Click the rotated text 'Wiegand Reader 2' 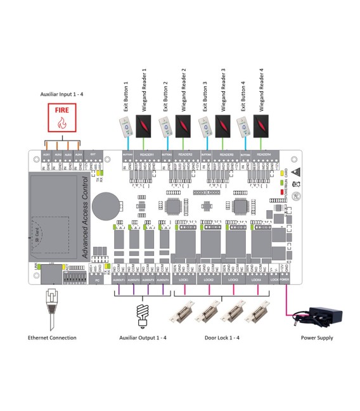(184, 87)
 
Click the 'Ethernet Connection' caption (53, 338)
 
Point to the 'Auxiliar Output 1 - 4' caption (143, 338)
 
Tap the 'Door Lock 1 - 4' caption (221, 338)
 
